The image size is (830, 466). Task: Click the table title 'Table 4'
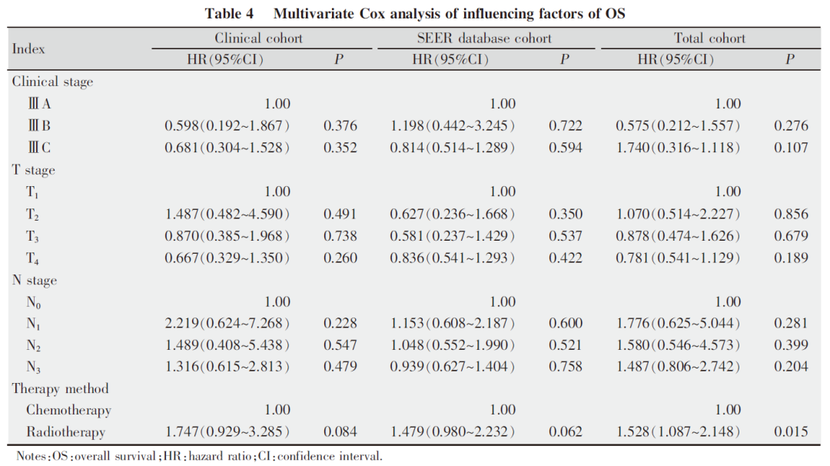click(x=229, y=13)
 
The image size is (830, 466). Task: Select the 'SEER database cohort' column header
click(x=484, y=38)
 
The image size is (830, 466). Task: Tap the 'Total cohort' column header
click(x=709, y=38)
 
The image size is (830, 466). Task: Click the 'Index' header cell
click(x=28, y=48)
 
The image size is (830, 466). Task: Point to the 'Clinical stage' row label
click(x=52, y=82)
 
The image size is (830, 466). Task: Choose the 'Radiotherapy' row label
click(x=65, y=432)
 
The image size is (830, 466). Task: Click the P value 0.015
click(x=791, y=431)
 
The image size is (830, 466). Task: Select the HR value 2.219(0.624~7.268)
click(x=227, y=323)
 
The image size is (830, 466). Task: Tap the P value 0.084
click(x=340, y=431)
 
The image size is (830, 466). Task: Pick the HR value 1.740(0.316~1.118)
click(x=678, y=147)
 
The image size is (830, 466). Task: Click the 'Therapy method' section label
click(x=61, y=388)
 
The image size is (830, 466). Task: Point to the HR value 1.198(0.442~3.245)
click(x=453, y=125)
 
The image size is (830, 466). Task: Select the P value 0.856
click(x=791, y=214)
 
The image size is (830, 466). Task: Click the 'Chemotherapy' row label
click(x=69, y=411)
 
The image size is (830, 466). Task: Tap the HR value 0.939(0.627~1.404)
click(x=453, y=367)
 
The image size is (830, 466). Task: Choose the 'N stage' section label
click(x=35, y=281)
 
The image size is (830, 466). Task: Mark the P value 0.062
click(x=566, y=431)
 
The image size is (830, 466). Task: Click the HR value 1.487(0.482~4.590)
click(x=227, y=214)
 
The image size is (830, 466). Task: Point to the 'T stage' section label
click(x=33, y=170)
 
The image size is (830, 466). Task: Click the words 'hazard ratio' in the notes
click(x=220, y=456)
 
